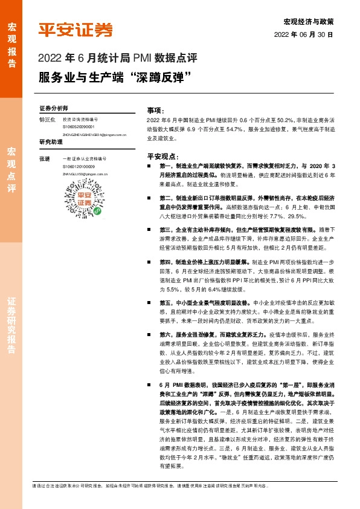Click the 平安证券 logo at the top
point(75,30)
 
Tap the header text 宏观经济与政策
point(308,22)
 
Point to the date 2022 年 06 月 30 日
point(303,35)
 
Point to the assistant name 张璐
point(44,158)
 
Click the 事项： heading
point(156,111)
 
